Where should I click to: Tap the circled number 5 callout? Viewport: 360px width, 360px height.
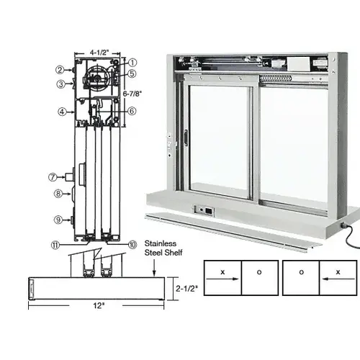click(x=132, y=73)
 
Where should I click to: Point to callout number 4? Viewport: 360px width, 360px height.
click(x=63, y=111)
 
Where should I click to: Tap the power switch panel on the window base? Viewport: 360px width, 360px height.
click(x=204, y=211)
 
